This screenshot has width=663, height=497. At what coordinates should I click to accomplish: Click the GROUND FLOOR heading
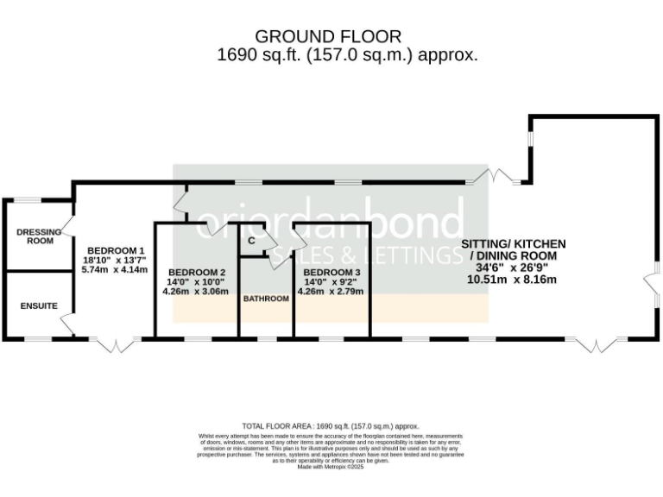328,36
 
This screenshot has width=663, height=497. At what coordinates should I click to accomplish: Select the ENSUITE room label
39,305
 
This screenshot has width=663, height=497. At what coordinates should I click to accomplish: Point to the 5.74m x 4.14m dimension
115,269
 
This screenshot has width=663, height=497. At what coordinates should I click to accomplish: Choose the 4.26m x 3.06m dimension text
195,291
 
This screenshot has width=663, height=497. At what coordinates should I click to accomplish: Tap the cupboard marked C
251,241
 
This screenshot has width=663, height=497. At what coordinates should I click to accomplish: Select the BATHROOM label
265,299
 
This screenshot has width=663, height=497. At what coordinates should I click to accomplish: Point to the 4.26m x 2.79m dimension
331,291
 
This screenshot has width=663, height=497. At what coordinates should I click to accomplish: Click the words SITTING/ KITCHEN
513,244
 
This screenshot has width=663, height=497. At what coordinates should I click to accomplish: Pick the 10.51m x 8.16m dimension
513,279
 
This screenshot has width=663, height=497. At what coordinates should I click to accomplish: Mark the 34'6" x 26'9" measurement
513,267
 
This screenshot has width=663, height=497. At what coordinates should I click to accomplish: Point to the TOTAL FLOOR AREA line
331,426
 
